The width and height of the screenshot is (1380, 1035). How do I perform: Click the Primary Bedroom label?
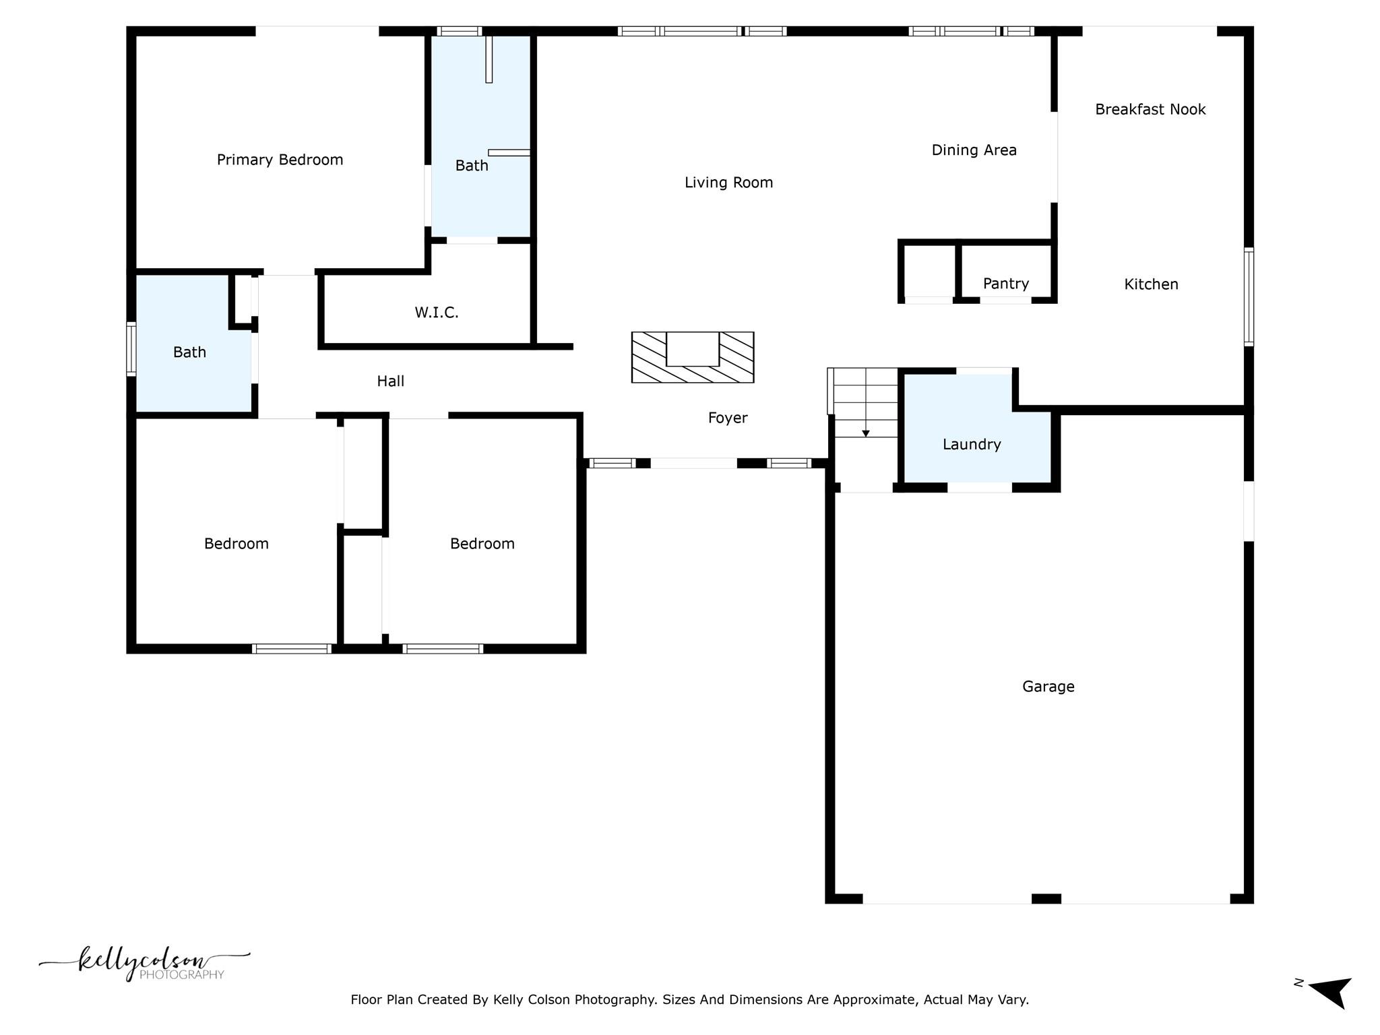(x=280, y=160)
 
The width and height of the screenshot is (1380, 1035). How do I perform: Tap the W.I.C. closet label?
(x=437, y=313)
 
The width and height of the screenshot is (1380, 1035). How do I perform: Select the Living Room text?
(x=728, y=183)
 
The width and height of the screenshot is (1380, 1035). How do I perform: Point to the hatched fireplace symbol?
(x=692, y=358)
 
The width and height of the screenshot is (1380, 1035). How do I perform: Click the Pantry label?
(x=1005, y=284)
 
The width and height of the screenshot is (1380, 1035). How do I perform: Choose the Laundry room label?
(x=972, y=444)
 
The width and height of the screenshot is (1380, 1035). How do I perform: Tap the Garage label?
(x=1048, y=687)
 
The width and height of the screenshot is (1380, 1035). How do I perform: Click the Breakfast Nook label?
(x=1150, y=110)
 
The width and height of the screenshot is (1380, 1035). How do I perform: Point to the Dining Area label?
(x=974, y=150)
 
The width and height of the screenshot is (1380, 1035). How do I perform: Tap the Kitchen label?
(x=1151, y=284)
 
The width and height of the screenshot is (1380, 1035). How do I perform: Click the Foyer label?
(x=728, y=418)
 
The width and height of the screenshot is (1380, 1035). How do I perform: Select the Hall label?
(x=390, y=381)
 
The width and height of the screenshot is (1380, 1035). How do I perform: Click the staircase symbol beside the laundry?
(x=865, y=402)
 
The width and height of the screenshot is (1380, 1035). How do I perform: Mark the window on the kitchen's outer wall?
(x=1248, y=297)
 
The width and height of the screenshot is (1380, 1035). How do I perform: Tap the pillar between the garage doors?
(x=1046, y=898)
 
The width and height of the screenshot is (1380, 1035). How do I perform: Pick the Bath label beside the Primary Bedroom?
(x=471, y=166)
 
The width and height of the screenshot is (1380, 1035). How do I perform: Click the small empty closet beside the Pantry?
(x=929, y=272)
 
